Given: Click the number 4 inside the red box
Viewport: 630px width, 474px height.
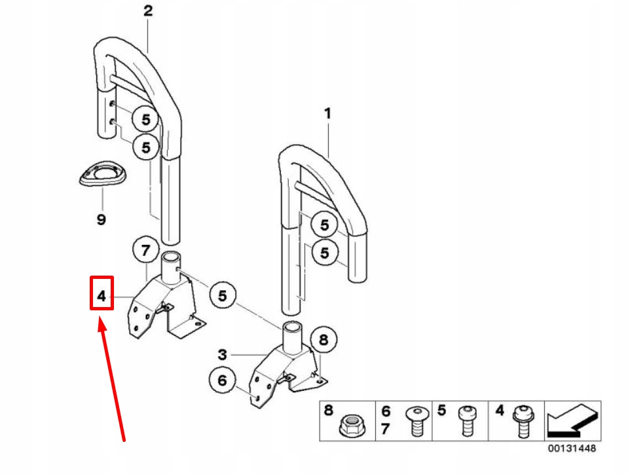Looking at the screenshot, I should pyautogui.click(x=102, y=297).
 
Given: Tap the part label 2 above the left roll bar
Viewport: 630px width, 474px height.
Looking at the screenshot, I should pyautogui.click(x=148, y=11).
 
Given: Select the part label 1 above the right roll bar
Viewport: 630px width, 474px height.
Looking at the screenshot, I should pyautogui.click(x=327, y=114).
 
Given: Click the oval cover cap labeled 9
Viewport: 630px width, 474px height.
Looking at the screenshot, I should pyautogui.click(x=102, y=175).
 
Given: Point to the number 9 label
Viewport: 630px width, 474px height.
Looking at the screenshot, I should pyautogui.click(x=101, y=219).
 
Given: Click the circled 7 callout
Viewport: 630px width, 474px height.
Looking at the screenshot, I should pyautogui.click(x=146, y=250).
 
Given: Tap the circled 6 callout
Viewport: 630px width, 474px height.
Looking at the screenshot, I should pyautogui.click(x=222, y=380).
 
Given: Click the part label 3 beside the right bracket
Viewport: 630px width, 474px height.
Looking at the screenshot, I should pyautogui.click(x=223, y=355).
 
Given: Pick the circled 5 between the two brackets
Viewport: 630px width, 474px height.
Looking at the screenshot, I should pyautogui.click(x=223, y=296).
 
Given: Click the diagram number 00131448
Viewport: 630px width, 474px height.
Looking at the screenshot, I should pyautogui.click(x=572, y=450).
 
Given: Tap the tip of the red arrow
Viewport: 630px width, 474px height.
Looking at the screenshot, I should pyautogui.click(x=100, y=321).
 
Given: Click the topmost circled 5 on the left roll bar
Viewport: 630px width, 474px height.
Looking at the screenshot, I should pyautogui.click(x=146, y=119).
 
